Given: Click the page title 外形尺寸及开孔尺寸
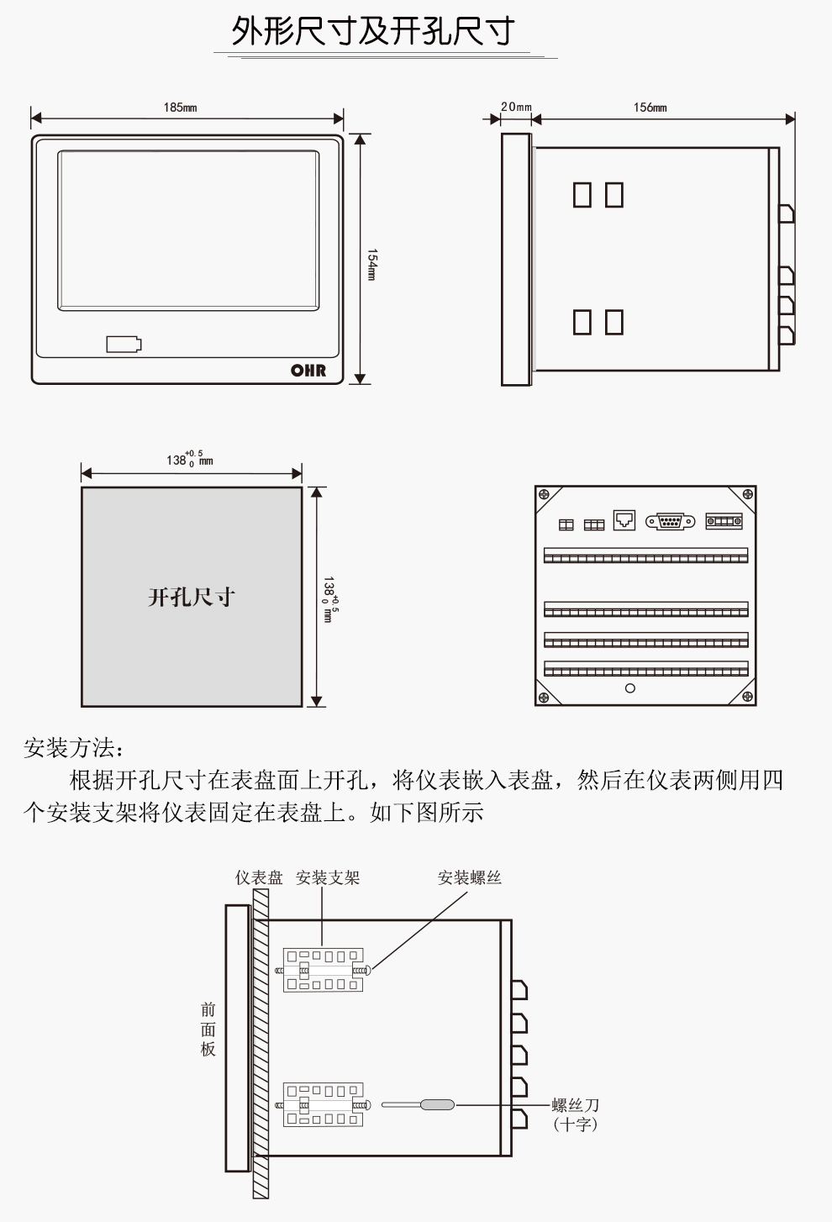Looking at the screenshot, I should click(373, 32).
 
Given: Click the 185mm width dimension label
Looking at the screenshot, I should click(180, 108).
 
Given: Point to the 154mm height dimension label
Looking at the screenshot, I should click(371, 264).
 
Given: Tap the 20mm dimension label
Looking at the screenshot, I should click(516, 107).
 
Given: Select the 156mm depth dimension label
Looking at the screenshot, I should click(650, 108).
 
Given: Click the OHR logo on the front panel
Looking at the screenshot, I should click(308, 370).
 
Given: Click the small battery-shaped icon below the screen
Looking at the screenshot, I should click(124, 344).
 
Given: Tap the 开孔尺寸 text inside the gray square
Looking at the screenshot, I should click(191, 598).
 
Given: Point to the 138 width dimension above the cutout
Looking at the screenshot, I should click(188, 460).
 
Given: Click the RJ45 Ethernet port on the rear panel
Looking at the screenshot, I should click(624, 520).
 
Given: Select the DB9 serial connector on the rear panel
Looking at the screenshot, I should click(670, 522).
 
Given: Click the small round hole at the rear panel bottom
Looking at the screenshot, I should click(630, 688).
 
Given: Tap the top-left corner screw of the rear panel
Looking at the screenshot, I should click(544, 494).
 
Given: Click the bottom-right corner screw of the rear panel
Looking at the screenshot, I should click(746, 696).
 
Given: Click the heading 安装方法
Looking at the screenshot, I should click(74, 747).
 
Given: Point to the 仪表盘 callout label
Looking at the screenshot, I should click(259, 877).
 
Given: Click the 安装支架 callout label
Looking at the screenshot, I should click(327, 877).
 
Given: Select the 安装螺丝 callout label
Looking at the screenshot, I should click(469, 877).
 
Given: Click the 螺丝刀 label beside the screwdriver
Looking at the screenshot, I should click(575, 1105).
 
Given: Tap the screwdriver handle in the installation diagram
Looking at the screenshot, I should click(436, 1105).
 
